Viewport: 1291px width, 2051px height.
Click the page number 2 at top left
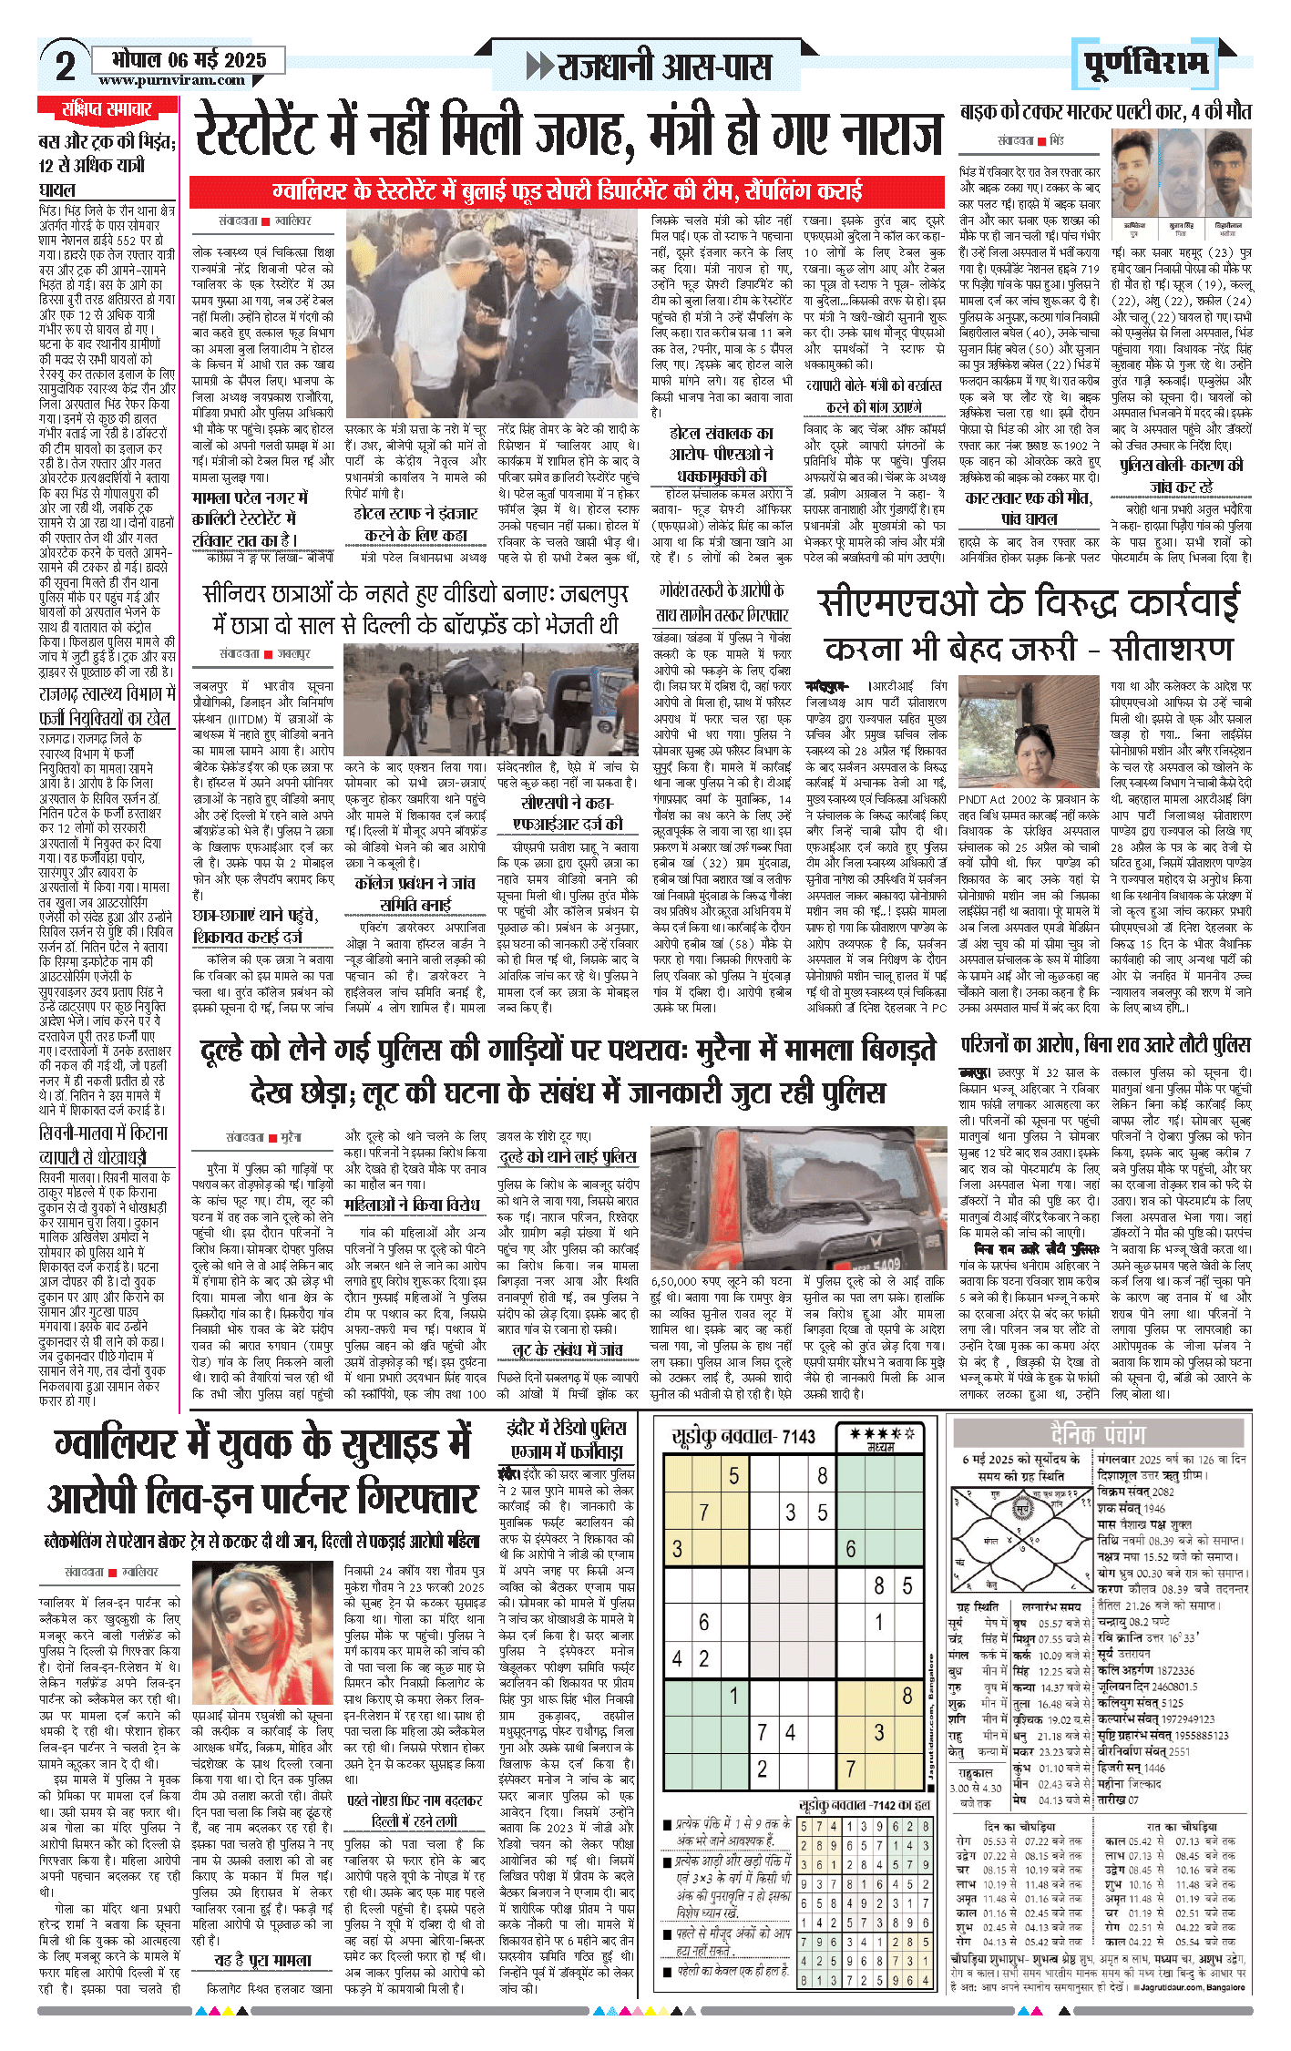click(65, 66)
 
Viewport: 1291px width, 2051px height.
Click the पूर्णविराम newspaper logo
click(1146, 64)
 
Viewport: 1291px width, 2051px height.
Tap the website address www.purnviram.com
click(171, 81)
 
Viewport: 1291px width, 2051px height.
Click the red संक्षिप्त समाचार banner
click(107, 110)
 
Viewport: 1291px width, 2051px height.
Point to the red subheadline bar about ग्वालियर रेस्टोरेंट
click(567, 191)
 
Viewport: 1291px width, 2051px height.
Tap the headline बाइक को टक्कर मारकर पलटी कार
click(1105, 113)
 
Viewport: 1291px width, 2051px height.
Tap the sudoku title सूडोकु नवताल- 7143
click(743, 1437)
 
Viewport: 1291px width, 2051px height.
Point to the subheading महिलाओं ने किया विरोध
click(412, 1205)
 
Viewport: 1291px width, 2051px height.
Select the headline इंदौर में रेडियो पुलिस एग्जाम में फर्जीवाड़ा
click(568, 1439)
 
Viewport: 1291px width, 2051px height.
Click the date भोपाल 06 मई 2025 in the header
click(189, 60)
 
